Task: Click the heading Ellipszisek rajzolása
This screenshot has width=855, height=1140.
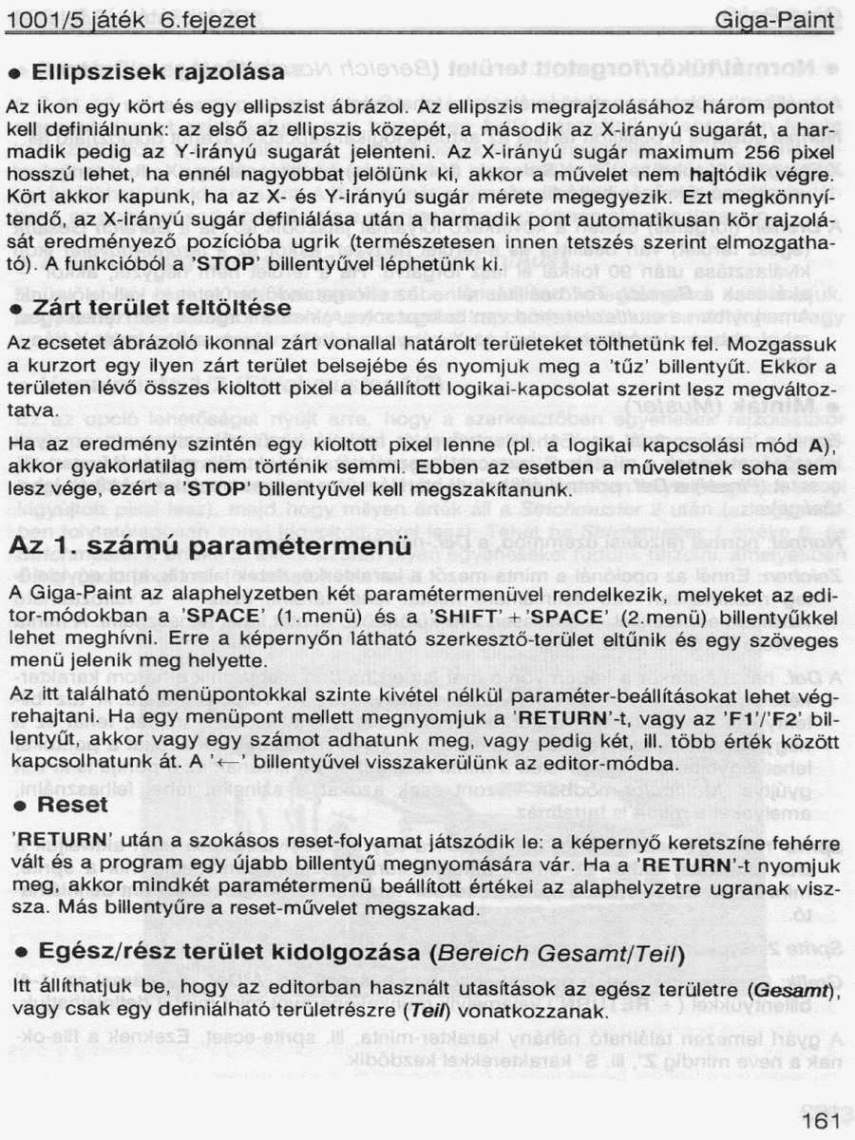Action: coord(158,73)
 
